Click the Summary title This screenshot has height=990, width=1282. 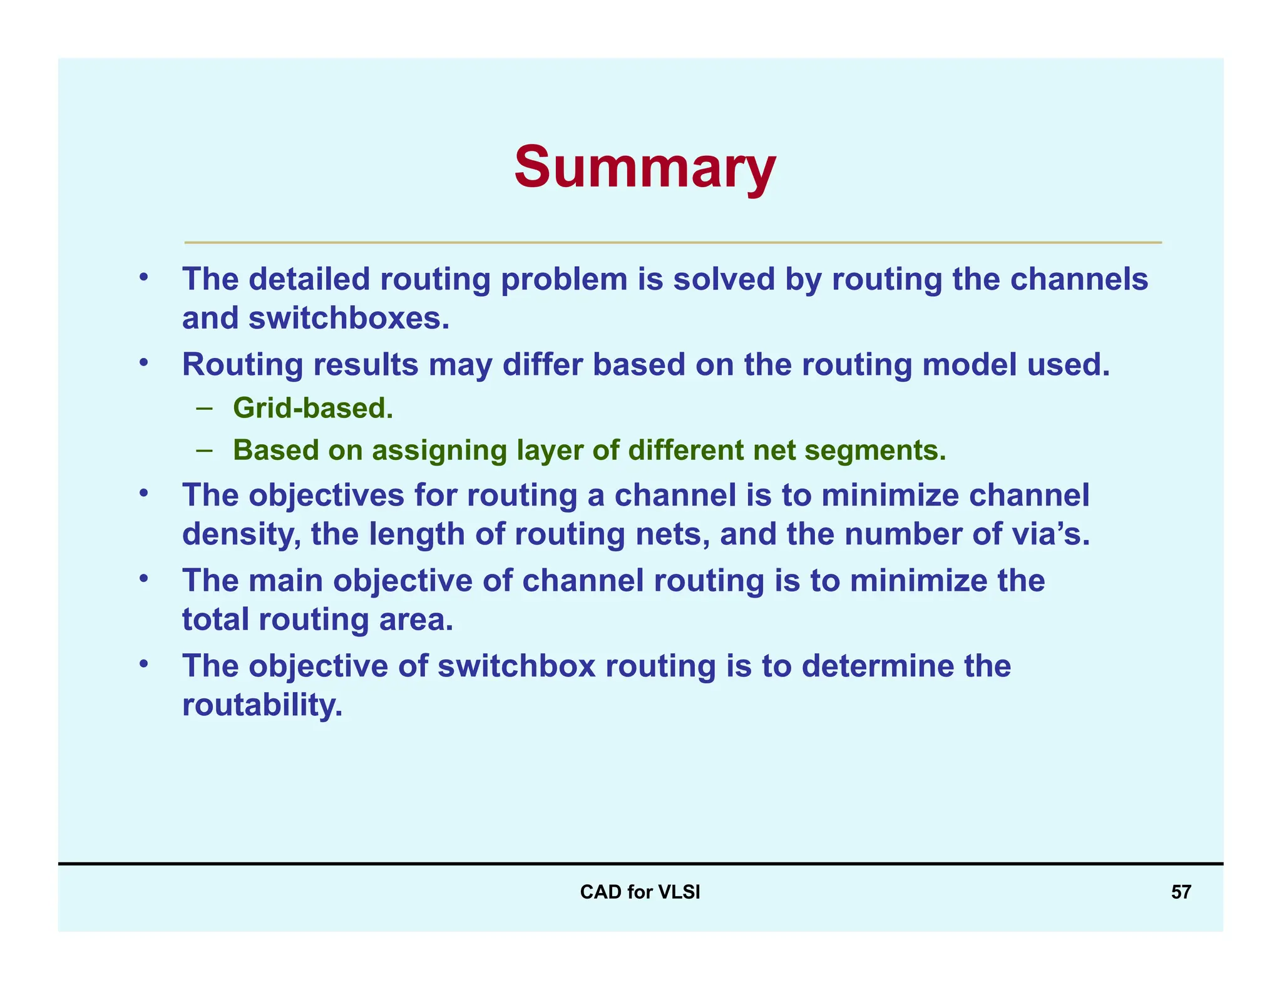pyautogui.click(x=645, y=167)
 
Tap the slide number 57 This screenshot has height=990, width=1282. pyautogui.click(x=1181, y=892)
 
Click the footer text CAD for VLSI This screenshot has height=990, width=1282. pyautogui.click(x=640, y=892)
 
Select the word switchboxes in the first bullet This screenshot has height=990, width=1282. pyautogui.click(x=349, y=318)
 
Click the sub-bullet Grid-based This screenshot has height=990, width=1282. pyautogui.click(x=312, y=408)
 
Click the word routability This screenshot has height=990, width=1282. pyautogui.click(x=262, y=705)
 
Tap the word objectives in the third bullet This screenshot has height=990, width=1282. pyautogui.click(x=326, y=495)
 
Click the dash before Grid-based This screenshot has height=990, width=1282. pyautogui.click(x=204, y=408)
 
